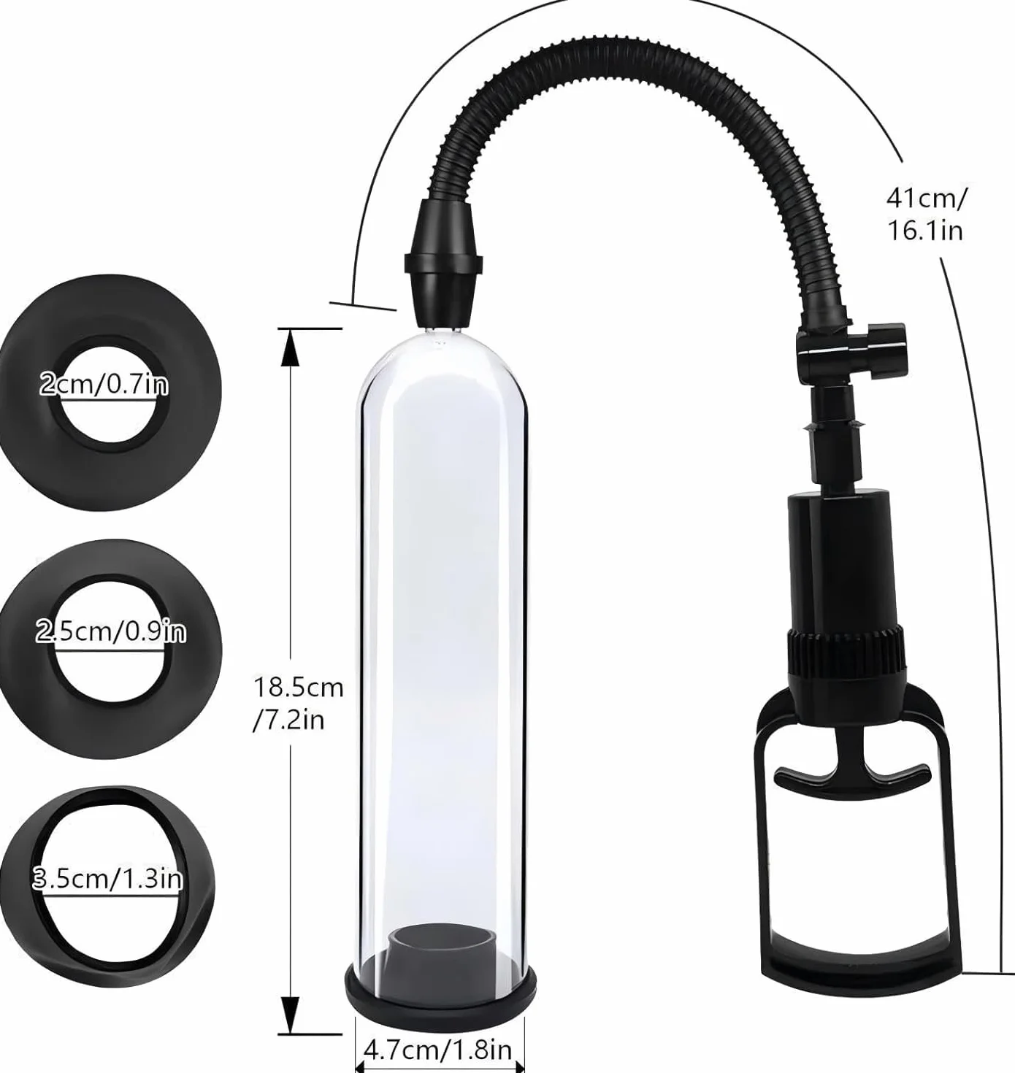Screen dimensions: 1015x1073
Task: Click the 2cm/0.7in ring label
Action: tap(104, 385)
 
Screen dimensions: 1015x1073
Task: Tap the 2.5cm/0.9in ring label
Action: tap(111, 632)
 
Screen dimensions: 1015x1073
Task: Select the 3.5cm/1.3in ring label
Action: tap(107, 880)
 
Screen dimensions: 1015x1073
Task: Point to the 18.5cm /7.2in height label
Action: tap(298, 704)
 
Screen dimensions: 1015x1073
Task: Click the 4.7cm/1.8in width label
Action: tap(438, 1049)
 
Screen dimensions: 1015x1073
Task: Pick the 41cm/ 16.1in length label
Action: tap(925, 214)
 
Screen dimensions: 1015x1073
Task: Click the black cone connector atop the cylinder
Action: tap(443, 265)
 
